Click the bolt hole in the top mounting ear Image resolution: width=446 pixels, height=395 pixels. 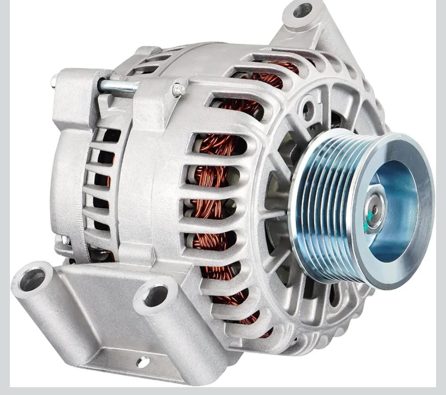(302, 10)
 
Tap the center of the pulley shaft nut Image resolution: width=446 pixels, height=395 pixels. (374, 209)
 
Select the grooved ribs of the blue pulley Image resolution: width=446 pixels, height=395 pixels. (326, 207)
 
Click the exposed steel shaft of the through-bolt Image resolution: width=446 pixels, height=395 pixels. (118, 86)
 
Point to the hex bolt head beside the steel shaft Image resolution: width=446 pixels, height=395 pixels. (178, 89)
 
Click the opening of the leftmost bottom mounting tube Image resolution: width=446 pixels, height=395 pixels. (32, 279)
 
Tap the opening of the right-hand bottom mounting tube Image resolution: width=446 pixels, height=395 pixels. (156, 295)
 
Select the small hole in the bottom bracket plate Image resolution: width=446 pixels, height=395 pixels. (143, 362)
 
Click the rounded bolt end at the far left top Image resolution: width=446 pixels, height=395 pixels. (54, 80)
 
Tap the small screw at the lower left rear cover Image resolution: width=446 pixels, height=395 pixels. (64, 240)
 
